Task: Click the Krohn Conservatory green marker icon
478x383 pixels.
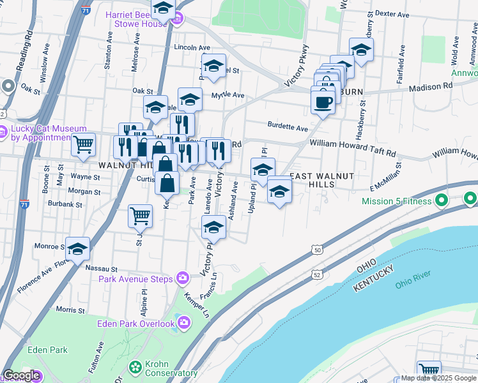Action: tap(135, 367)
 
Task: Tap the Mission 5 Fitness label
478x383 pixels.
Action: tap(397, 201)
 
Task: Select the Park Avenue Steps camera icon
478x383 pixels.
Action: tap(183, 278)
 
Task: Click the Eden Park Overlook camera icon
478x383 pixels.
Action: tap(185, 324)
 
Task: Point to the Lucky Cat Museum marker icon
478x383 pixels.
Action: tap(8, 86)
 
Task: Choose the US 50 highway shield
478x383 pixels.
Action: tap(318, 252)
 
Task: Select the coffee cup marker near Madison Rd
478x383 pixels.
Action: tap(323, 100)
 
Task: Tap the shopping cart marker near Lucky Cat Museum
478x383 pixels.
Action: tap(83, 146)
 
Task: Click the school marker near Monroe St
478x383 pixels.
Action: tap(77, 249)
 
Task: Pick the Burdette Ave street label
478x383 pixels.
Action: tap(288, 127)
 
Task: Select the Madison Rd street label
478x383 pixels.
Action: tap(430, 87)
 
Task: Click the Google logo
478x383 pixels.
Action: tap(21, 375)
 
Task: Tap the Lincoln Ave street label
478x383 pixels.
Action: tap(192, 48)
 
